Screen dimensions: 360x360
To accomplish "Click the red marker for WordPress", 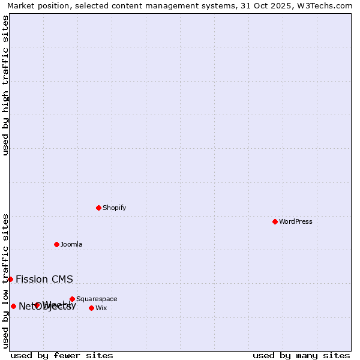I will click(x=275, y=221).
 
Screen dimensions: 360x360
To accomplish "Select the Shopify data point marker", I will click(x=98, y=208).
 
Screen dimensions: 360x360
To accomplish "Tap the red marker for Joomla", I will click(x=56, y=244).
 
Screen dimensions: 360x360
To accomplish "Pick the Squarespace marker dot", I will click(x=72, y=299).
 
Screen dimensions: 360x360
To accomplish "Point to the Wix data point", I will click(x=91, y=308).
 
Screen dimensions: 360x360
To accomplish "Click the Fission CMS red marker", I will click(x=10, y=279).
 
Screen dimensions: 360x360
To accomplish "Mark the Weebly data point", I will click(x=37, y=305).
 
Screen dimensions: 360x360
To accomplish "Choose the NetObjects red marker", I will click(x=13, y=306).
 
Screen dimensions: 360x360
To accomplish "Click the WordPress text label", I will click(x=296, y=221).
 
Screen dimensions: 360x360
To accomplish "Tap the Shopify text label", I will click(x=115, y=208).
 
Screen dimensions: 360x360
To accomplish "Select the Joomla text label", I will click(x=71, y=244).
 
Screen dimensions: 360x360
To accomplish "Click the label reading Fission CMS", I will click(x=44, y=279).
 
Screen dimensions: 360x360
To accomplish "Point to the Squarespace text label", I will click(x=97, y=299).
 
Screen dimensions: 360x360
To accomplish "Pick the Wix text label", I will click(x=101, y=308).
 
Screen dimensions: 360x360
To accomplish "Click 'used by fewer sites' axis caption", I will click(x=62, y=355).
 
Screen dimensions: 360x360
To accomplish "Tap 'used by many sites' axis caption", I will click(x=301, y=355).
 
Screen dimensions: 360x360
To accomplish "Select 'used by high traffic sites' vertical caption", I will click(x=5, y=85).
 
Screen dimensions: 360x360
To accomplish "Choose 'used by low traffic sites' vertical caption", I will click(x=5, y=281).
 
